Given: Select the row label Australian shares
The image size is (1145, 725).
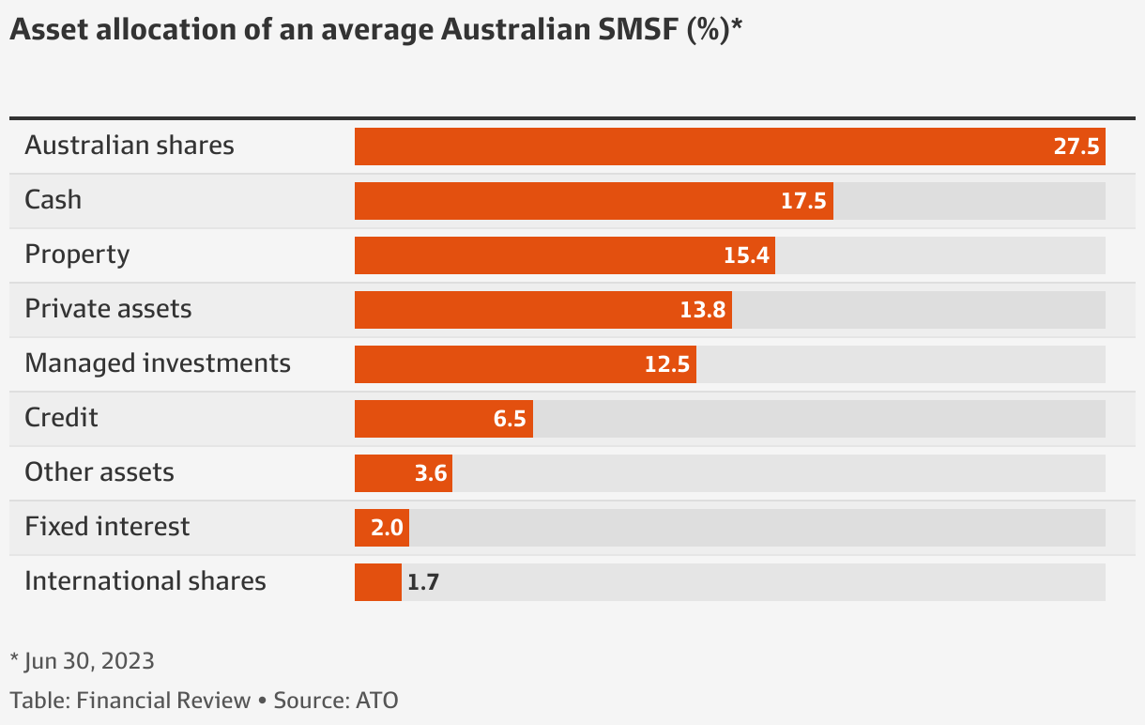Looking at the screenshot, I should [130, 146].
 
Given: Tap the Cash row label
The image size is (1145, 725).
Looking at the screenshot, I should [53, 200].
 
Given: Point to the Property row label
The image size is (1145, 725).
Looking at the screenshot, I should [77, 255].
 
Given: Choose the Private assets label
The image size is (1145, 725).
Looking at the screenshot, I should [108, 309].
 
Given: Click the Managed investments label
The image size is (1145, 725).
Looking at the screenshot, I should [158, 363].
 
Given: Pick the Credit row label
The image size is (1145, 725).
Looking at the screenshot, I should [61, 418].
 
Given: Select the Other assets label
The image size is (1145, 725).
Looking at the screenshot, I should [99, 471].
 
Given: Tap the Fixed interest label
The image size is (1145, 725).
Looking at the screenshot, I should [107, 526].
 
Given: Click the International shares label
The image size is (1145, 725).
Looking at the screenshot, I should [145, 581].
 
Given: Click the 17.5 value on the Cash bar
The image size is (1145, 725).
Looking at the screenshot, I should [803, 202].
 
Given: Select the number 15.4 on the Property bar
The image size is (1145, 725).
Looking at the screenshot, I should [746, 255].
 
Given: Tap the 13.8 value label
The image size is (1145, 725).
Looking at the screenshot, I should [703, 310].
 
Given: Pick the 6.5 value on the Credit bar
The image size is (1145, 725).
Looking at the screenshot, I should [510, 419].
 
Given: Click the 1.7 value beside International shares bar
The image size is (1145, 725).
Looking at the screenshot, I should [423, 582].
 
